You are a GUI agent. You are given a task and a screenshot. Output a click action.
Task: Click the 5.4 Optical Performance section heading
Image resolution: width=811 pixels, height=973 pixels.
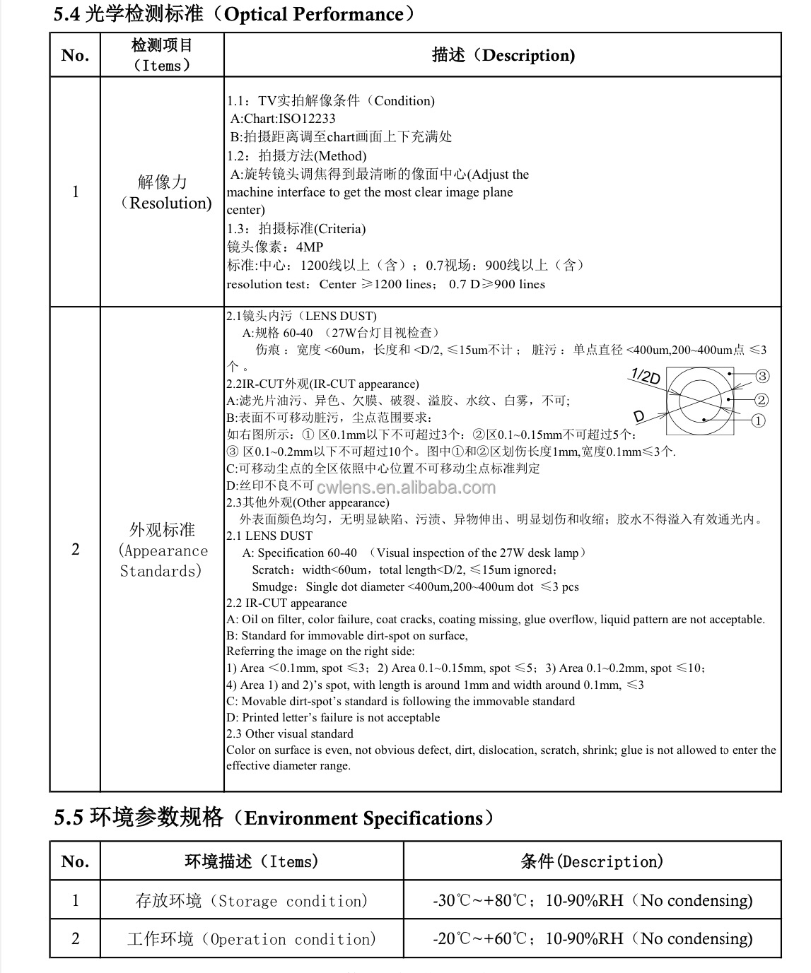point(233,13)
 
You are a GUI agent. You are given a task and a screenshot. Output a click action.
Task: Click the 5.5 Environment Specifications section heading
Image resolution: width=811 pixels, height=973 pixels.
point(273,818)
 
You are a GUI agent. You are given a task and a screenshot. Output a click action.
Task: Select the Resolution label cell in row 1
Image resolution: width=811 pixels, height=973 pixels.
point(163,192)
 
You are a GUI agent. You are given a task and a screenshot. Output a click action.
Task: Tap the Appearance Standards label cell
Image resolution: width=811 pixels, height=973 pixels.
point(163,550)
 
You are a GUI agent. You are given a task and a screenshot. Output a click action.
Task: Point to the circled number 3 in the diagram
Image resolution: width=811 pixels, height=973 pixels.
point(762,376)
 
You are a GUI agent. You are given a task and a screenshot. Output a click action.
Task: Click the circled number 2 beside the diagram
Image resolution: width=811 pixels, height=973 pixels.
point(761,400)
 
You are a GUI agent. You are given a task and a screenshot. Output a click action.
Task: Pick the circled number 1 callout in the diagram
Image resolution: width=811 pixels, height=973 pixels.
point(757,421)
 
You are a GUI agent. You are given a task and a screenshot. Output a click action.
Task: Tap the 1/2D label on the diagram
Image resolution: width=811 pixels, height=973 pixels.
point(644,377)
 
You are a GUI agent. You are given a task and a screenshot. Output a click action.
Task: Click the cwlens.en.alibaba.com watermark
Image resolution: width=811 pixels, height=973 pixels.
point(406,487)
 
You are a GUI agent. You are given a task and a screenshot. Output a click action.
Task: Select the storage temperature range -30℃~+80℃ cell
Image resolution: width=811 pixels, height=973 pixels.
point(593,900)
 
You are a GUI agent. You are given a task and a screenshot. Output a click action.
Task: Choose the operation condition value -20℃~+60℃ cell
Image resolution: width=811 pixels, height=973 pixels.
point(593,938)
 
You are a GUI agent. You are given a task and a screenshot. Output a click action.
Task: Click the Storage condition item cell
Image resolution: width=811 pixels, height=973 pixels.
point(252,901)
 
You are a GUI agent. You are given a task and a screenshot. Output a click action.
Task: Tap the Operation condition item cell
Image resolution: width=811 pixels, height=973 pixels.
point(252,939)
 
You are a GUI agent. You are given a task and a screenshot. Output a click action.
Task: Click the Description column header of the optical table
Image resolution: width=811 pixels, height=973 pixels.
point(503,55)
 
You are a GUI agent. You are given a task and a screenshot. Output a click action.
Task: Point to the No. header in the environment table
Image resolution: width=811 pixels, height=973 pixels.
point(75,861)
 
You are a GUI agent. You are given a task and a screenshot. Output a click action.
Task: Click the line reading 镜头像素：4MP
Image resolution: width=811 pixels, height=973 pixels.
point(275,247)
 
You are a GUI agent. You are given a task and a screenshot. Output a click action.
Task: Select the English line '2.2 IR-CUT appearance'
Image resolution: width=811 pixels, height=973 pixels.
point(286,603)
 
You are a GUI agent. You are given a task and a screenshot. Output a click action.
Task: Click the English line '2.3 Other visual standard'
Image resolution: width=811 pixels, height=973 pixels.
point(290,733)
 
